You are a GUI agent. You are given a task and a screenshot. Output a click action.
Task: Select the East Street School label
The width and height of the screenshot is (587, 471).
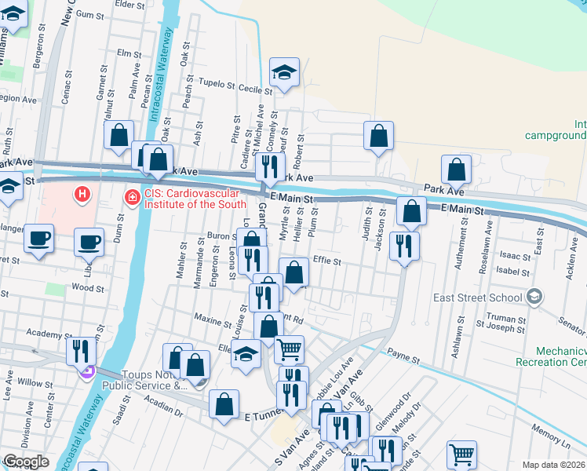tap(477, 298)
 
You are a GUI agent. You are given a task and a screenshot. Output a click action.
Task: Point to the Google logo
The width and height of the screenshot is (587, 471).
tap(26, 462)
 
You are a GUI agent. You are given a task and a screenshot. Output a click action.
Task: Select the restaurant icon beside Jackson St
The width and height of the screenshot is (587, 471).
tap(404, 246)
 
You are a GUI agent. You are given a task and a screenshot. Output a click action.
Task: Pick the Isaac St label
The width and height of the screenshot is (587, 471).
tap(516, 256)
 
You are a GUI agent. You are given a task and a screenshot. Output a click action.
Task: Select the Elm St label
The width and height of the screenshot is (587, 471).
tap(127, 53)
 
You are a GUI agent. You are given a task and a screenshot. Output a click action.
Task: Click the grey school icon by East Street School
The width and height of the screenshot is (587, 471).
tap(534, 296)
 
